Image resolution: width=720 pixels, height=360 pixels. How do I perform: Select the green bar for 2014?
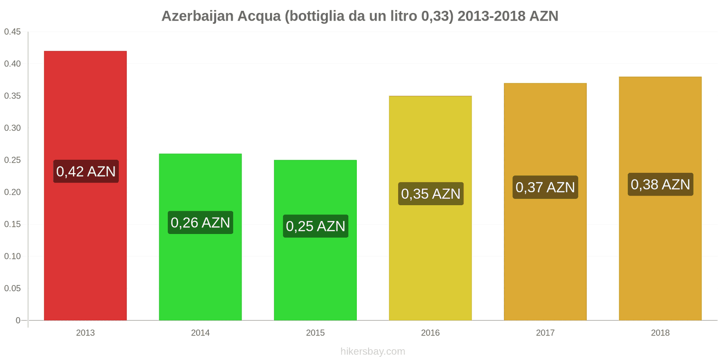pos(200,270)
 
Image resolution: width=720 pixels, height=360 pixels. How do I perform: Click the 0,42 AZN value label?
pos(86,171)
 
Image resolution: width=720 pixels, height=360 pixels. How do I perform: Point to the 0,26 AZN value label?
pos(200,223)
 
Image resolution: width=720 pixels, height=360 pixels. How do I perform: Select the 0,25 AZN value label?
pos(315,226)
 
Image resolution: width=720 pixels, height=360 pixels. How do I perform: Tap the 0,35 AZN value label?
pos(431,194)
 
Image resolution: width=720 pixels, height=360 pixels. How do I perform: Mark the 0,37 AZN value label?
pos(545,187)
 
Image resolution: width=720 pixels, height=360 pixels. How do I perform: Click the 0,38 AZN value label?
pos(660,184)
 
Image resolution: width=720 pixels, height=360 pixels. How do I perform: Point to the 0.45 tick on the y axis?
pos(13,32)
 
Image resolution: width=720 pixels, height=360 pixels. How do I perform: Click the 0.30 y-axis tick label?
pos(13,128)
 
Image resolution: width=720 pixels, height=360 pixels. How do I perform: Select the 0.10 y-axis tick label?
pos(13,256)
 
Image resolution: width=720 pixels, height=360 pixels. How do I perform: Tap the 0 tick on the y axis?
pos(18,320)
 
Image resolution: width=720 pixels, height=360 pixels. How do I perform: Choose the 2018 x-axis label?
pos(660,333)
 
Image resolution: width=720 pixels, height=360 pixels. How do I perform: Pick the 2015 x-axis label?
pos(315,333)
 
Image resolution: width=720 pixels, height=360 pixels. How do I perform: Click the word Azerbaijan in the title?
pos(197,16)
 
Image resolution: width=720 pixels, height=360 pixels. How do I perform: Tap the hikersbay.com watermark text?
pos(373,351)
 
